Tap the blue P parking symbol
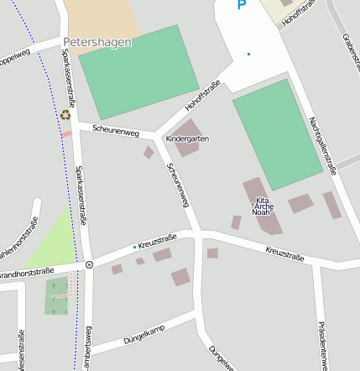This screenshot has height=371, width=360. coord(242,6)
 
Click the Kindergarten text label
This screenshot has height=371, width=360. coord(187,138)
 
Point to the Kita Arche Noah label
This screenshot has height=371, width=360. coord(263,206)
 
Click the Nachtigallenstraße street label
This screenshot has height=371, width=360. coord(323,145)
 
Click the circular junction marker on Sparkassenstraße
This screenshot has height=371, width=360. coord(89,264)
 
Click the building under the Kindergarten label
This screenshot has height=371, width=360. coord(187,148)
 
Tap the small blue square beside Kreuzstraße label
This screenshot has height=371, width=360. coord(134,247)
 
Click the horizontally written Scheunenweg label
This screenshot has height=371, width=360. coord(116,130)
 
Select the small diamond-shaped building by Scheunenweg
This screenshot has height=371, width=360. coord(149,152)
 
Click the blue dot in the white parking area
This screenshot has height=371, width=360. coord(248,55)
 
